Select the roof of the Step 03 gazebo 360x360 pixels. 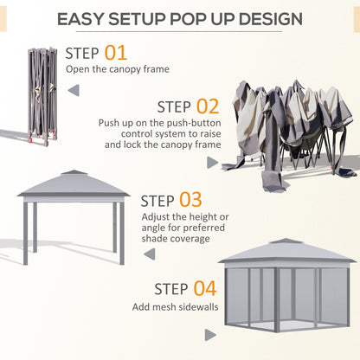(74, 184)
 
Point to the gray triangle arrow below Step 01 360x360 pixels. (72, 90)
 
